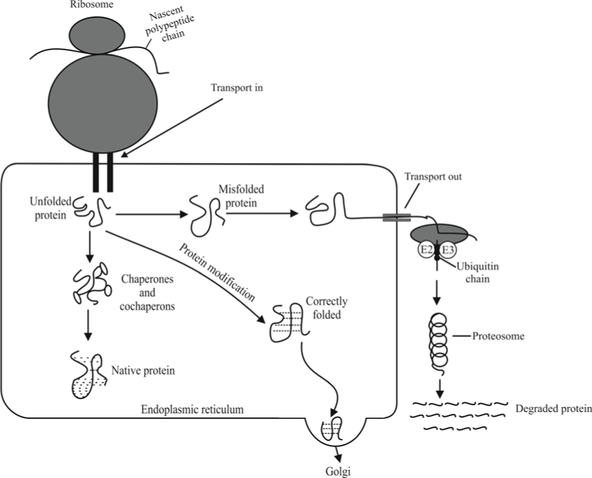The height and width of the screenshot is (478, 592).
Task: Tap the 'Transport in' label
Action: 237,88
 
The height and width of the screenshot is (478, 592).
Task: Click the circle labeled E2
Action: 426,250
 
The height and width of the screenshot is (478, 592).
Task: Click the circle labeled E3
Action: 447,250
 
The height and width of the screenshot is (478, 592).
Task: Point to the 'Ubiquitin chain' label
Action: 478,273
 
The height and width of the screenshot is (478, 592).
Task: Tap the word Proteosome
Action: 498,336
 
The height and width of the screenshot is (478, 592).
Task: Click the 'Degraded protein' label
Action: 553,409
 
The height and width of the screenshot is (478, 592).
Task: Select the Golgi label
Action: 338,472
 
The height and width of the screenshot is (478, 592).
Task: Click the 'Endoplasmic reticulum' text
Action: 192,409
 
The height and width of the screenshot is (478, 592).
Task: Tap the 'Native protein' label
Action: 143,371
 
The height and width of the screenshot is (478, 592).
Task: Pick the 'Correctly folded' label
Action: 326,308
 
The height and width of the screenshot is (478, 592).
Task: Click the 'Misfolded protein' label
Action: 241,196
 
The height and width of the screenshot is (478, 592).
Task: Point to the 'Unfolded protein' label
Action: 50,208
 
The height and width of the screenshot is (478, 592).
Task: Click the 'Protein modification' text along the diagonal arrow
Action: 217,272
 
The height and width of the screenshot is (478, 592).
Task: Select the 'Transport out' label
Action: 433,177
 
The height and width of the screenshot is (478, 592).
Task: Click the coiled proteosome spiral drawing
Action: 438,342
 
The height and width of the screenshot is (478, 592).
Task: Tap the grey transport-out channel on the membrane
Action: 397,217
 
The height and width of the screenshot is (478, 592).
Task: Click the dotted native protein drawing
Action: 89,376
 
